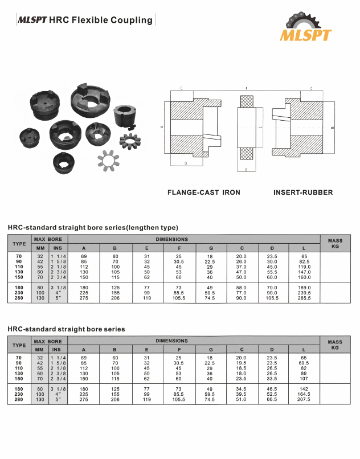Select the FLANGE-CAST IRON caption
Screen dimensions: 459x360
tap(203, 192)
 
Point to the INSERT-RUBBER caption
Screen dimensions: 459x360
tap(303, 192)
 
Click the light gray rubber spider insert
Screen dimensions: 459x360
tap(109, 159)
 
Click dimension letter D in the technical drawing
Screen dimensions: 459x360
tap(186, 163)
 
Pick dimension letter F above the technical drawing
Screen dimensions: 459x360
tap(246, 89)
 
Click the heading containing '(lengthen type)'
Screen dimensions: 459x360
tap(93, 228)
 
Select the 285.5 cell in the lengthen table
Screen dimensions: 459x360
tap(304, 298)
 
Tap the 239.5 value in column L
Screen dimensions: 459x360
tap(304, 293)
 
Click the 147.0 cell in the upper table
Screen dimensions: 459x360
tap(304, 273)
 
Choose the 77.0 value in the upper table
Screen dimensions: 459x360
tap(242, 293)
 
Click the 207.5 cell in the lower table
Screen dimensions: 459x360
tap(304, 400)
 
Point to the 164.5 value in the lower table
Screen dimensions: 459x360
tap(304, 395)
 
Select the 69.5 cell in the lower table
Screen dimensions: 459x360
tap(304, 362)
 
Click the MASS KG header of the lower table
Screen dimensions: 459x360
tap(335, 345)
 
